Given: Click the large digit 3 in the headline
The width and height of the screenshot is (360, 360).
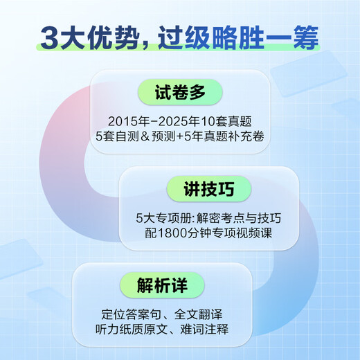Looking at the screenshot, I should [49, 37].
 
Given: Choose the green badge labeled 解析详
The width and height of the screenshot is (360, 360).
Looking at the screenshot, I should [161, 284].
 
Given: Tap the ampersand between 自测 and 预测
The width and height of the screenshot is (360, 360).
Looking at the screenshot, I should [161, 134].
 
